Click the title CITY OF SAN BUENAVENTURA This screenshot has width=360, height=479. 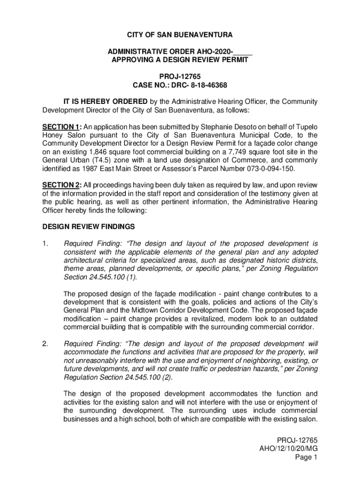point(180,36)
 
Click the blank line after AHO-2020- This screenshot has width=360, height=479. point(242,51)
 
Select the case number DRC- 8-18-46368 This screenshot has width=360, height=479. point(196,85)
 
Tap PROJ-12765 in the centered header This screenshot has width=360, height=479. point(180,76)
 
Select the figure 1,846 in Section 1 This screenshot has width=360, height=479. point(98,152)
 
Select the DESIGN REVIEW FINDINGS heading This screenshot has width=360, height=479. point(89,227)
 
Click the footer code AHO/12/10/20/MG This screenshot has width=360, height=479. point(288,449)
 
